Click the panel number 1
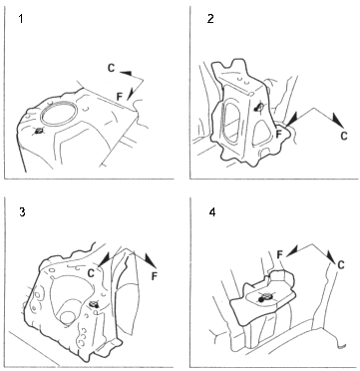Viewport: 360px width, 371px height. click(x=21, y=20)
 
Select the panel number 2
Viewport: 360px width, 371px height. click(x=210, y=19)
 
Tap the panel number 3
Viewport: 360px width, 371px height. click(x=22, y=212)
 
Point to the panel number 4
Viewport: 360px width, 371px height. click(x=211, y=212)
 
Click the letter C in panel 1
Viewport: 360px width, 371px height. click(x=112, y=68)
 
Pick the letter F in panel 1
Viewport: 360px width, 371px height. click(x=120, y=97)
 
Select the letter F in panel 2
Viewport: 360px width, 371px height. click(x=279, y=134)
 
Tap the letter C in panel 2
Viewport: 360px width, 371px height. click(x=344, y=136)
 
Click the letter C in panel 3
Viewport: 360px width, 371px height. click(x=91, y=272)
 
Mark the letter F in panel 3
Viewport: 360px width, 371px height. click(x=154, y=276)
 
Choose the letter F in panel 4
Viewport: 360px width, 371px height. click(x=280, y=255)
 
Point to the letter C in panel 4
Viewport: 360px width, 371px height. click(x=341, y=265)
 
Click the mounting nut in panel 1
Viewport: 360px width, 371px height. click(x=38, y=131)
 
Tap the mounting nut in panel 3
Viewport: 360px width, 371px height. click(x=94, y=303)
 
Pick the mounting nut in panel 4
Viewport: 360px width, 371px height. click(x=264, y=297)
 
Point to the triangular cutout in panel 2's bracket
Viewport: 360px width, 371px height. click(x=261, y=132)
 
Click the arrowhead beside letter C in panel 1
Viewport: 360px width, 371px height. click(x=126, y=73)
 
